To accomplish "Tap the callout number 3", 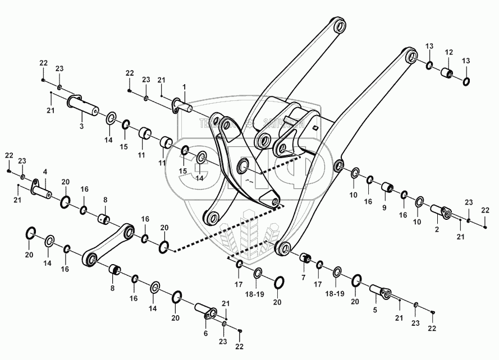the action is click(x=81, y=127).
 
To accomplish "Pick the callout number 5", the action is click(x=375, y=309).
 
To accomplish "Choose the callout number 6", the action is click(x=205, y=333).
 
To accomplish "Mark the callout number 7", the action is click(x=304, y=278).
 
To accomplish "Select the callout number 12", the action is click(x=448, y=52).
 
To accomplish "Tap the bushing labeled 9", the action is click(x=387, y=187).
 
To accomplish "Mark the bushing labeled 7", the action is click(x=306, y=258).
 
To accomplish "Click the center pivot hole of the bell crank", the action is click(x=244, y=165).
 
